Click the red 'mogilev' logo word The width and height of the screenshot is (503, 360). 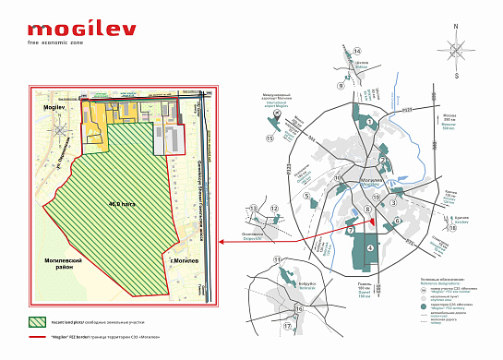pos(81,29)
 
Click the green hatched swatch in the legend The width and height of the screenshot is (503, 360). pos(41,322)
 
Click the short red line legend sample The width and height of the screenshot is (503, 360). pos(41,338)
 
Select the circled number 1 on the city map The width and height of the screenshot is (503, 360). pos(370,121)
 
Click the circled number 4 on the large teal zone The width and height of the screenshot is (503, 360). pos(370,247)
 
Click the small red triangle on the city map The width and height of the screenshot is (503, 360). pos(351,230)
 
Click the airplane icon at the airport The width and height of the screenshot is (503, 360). pos(277,117)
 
